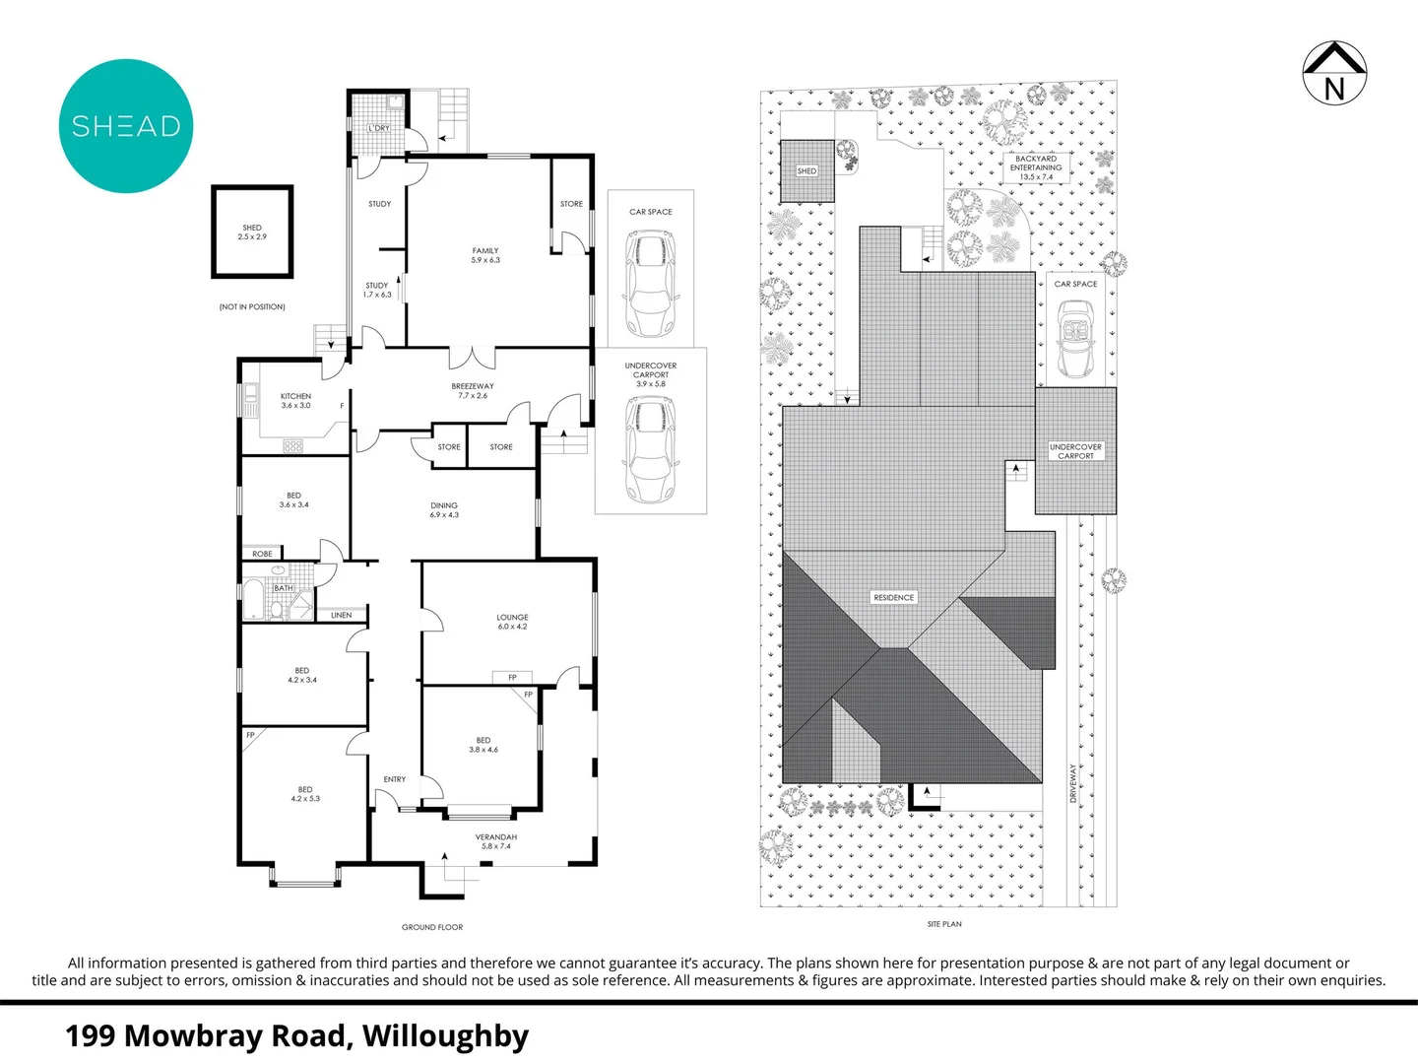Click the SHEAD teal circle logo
pyautogui.click(x=126, y=126)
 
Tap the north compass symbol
pyautogui.click(x=1334, y=73)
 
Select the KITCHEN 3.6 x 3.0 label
pyautogui.click(x=295, y=401)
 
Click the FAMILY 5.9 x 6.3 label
pyautogui.click(x=485, y=255)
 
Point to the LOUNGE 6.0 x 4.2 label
pyautogui.click(x=512, y=622)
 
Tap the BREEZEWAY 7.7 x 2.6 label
pyautogui.click(x=473, y=391)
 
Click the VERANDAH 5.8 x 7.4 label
pyautogui.click(x=496, y=841)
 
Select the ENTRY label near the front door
pyautogui.click(x=395, y=779)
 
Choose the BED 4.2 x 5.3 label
pyautogui.click(x=305, y=794)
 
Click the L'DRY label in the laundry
pyautogui.click(x=379, y=128)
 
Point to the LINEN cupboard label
pyautogui.click(x=342, y=615)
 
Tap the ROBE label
pyautogui.click(x=262, y=554)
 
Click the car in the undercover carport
pyautogui.click(x=651, y=449)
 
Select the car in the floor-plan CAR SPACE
pyautogui.click(x=651, y=284)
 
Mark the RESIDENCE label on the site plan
pyautogui.click(x=894, y=597)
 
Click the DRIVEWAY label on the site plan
pyautogui.click(x=1073, y=783)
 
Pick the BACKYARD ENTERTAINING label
pyautogui.click(x=1036, y=167)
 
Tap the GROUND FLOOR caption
pyautogui.click(x=432, y=927)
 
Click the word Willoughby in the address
pyautogui.click(x=445, y=1036)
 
